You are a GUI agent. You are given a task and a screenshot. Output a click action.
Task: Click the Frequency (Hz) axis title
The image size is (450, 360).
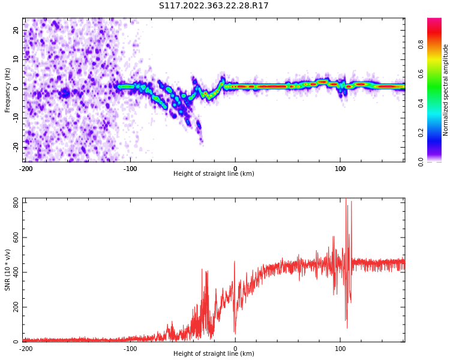click(x=8, y=90)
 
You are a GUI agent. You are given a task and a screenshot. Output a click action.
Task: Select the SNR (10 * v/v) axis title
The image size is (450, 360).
click(x=8, y=270)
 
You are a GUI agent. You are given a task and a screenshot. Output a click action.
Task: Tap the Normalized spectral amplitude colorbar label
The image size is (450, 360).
click(x=446, y=90)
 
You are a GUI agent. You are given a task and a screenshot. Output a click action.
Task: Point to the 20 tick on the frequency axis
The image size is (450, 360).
click(x=16, y=30)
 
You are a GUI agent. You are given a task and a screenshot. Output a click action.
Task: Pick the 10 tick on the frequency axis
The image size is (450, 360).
click(x=16, y=59)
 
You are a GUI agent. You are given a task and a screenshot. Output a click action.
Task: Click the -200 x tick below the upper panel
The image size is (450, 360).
click(x=26, y=169)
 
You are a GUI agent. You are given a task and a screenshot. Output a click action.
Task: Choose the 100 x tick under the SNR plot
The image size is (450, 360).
click(x=340, y=349)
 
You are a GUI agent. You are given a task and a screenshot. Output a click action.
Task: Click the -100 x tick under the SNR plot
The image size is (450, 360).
click(x=130, y=349)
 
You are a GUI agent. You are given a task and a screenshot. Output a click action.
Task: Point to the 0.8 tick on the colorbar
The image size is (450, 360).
click(x=421, y=44)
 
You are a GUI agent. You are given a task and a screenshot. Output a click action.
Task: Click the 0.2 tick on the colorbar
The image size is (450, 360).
click(x=421, y=132)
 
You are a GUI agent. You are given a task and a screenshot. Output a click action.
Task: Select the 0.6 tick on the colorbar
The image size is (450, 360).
click(x=421, y=73)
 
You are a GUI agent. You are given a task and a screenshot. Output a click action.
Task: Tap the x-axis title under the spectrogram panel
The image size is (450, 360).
click(x=214, y=174)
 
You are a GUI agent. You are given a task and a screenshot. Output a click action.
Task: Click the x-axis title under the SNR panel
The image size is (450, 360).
click(x=214, y=354)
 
